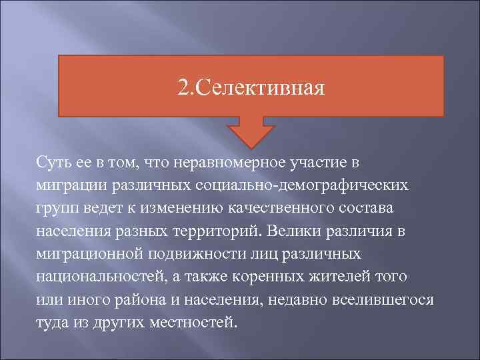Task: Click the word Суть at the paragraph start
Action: tap(53, 163)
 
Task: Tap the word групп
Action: tap(57, 208)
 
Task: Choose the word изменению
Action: tap(193, 208)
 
